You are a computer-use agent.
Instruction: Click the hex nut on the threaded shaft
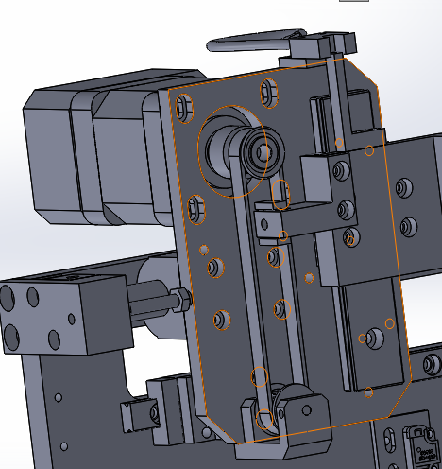[x=178, y=302]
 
